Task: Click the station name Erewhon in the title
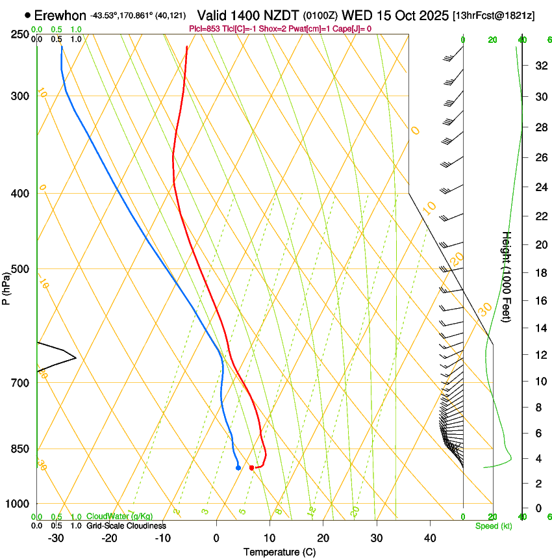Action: [x=60, y=15]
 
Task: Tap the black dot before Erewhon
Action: [x=27, y=14]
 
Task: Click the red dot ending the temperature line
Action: [x=252, y=468]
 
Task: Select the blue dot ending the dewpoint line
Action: [x=238, y=467]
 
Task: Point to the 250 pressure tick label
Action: [x=20, y=34]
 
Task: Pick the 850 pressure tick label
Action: [x=20, y=449]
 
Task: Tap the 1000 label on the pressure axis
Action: [x=18, y=504]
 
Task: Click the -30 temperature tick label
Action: [x=56, y=538]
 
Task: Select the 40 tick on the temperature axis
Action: [x=430, y=538]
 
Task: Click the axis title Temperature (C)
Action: [x=279, y=552]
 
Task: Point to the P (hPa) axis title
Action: [x=6, y=287]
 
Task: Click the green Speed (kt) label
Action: [x=493, y=526]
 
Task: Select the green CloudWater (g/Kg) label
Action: [x=119, y=517]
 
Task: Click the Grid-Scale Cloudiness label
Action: [x=126, y=526]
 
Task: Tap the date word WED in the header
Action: [x=355, y=15]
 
